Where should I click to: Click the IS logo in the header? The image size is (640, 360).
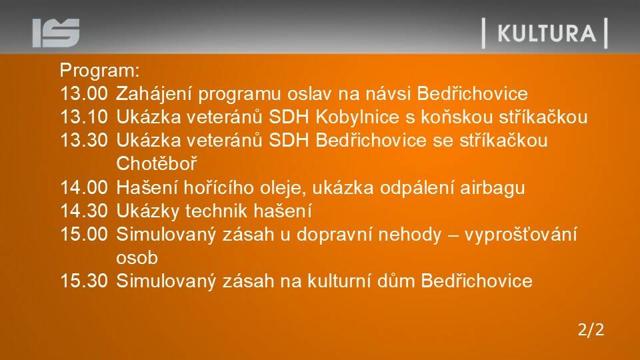pos(56,33)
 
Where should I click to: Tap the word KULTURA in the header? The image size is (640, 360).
pos(547,33)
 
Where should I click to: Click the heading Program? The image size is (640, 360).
pos(100,71)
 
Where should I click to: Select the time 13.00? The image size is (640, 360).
pos(84,93)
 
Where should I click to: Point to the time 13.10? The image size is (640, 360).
pos(84,117)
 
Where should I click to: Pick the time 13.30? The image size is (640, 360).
pos(84,141)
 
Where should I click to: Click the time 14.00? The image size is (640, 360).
pos(84,188)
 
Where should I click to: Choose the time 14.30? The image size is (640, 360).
pos(84,211)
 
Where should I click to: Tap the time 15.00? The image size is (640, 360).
pos(84,234)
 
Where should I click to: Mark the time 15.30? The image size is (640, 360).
pos(84,281)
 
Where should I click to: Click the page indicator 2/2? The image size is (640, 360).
pos(591,329)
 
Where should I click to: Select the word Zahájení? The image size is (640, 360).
pos(154,94)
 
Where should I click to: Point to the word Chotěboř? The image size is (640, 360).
pos(157,164)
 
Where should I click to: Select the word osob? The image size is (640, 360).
pos(137,258)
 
